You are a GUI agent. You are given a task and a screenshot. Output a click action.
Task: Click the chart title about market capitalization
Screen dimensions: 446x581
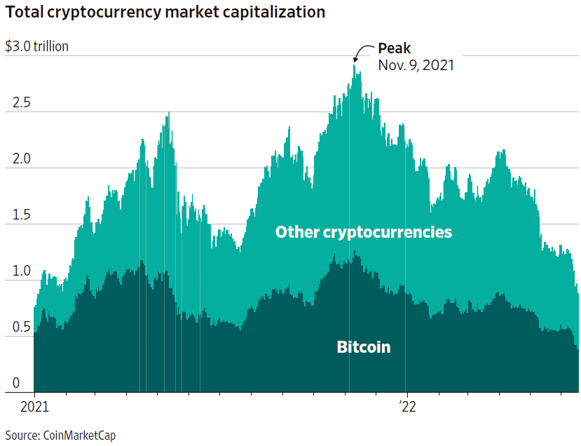point(165,12)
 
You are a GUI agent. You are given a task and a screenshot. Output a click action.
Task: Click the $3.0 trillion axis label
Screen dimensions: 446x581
point(37,47)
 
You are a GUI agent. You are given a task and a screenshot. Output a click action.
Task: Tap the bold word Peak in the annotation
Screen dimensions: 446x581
point(394,48)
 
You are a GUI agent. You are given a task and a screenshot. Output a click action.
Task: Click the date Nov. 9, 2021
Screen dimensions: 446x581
point(416,65)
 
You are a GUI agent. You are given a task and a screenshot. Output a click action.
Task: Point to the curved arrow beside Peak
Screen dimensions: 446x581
point(363,52)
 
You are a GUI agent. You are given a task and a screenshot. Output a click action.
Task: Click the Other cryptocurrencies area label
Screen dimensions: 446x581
point(363,232)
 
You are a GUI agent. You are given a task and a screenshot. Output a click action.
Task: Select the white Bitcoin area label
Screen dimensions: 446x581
point(363,347)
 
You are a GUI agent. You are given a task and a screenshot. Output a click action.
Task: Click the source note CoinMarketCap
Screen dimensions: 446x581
point(60,435)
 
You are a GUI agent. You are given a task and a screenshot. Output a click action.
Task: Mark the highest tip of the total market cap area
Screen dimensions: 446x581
point(355,65)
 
